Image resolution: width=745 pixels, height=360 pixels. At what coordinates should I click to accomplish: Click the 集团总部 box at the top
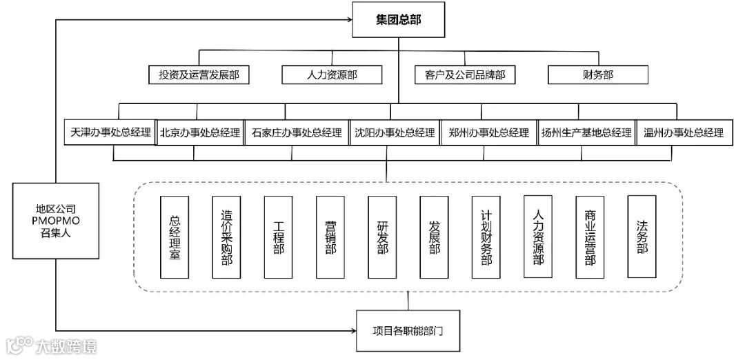tap(399, 20)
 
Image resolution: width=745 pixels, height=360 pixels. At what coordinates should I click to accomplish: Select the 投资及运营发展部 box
tap(199, 74)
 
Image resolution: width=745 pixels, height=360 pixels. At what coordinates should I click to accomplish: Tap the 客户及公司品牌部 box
tap(464, 74)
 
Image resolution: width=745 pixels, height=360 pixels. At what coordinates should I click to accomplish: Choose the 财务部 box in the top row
tap(598, 74)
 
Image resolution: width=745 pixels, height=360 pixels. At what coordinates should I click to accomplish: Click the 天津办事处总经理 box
tap(110, 132)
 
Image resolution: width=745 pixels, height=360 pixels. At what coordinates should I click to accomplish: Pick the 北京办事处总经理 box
tap(200, 132)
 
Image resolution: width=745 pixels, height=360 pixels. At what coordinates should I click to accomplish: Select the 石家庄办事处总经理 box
tap(297, 132)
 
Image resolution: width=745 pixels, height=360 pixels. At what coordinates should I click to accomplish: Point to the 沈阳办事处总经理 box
tap(394, 132)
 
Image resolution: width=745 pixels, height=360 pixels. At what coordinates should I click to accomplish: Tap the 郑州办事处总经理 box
tap(488, 132)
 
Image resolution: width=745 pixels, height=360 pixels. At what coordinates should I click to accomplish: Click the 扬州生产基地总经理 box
tap(586, 132)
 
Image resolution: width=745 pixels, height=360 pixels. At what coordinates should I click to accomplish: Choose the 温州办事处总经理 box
tap(683, 132)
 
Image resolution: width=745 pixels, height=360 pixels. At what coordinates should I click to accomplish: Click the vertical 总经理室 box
tap(174, 237)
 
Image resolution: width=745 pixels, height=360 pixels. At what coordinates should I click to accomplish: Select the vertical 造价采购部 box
tap(226, 237)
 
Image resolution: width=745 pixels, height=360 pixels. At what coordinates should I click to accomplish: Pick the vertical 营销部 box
tap(330, 237)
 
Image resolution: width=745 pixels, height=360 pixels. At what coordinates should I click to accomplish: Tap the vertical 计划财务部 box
tap(486, 237)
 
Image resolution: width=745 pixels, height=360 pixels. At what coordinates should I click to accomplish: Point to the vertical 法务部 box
tap(642, 237)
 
